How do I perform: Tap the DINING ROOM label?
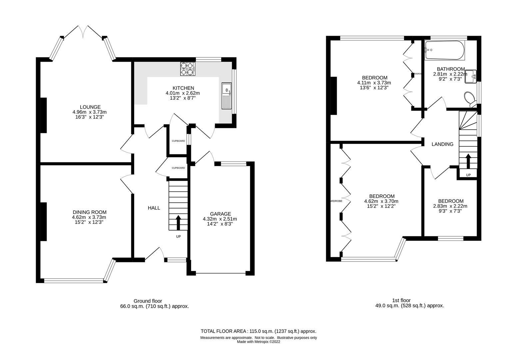point(90,212)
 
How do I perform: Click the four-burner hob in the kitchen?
point(188,68)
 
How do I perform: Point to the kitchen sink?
point(227,95)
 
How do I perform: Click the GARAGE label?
point(220,214)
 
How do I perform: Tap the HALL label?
point(154,208)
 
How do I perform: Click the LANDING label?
point(442,144)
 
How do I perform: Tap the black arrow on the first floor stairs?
point(468,161)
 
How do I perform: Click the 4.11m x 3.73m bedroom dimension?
point(374,83)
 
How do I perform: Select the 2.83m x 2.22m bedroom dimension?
point(450,206)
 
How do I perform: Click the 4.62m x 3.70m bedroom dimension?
point(381,201)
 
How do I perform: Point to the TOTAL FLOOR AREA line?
point(258,331)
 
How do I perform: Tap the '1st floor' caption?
point(401,300)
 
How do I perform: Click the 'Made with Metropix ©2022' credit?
point(258,342)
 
